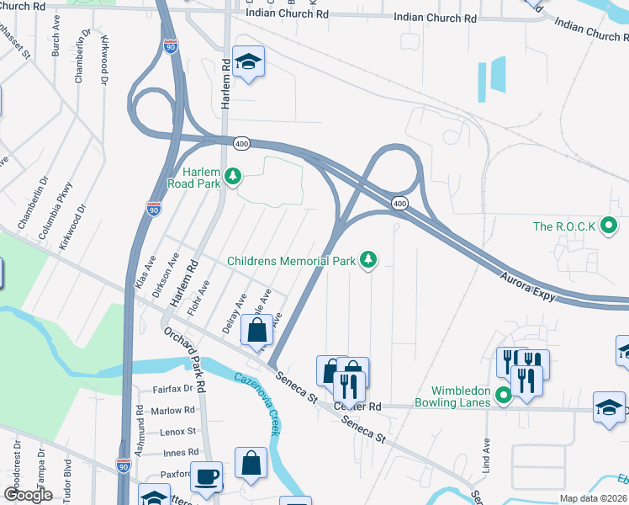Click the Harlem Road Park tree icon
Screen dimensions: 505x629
point(237,176)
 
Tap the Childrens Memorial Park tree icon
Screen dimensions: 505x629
point(367,261)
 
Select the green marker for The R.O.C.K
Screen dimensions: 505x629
point(612,226)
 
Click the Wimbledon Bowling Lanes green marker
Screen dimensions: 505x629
point(503,395)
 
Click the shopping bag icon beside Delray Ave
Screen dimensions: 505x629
point(256,331)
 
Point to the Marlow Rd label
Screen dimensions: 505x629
point(173,411)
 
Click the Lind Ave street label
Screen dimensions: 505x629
point(486,458)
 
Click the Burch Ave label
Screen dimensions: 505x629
point(55,40)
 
